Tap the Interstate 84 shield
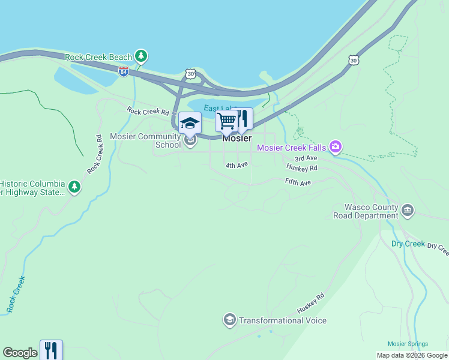pos(124,71)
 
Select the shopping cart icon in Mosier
pos(227,121)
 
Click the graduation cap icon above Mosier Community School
pos(190,123)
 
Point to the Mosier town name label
pos(237,138)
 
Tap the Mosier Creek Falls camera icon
pos(336,148)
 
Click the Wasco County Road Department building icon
pos(408,211)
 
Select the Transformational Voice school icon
pos(229,320)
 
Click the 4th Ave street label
pos(237,165)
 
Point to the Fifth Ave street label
pos(298,182)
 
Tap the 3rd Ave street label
pos(306,158)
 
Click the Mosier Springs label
pos(408,344)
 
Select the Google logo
pos(20,353)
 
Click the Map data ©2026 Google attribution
pos(411,355)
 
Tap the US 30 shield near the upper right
pos(354,60)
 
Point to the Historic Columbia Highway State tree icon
pos(74,187)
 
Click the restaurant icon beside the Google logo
pos(51,350)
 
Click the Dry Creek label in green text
pos(408,244)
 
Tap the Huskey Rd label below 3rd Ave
pos(301,168)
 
